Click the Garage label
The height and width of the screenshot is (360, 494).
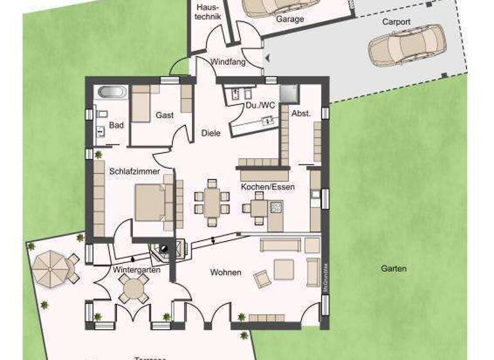coord(289,19)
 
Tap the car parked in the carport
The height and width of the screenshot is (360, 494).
coord(407,46)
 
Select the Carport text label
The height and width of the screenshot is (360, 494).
coord(396,21)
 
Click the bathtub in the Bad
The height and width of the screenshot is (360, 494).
coord(113,93)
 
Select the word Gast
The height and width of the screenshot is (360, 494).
coord(164,115)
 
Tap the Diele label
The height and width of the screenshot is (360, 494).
coord(210,133)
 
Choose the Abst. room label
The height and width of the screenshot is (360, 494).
coord(300,113)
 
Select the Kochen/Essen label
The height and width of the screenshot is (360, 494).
coord(268,187)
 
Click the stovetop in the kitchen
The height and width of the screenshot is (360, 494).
coord(276,207)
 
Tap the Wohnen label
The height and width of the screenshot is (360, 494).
coord(225,273)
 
